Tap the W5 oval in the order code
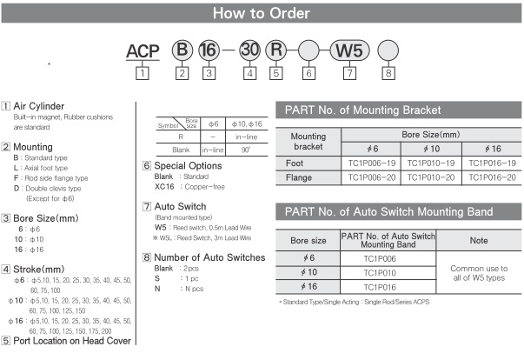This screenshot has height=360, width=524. point(346,50)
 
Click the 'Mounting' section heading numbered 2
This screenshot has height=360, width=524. point(34,147)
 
